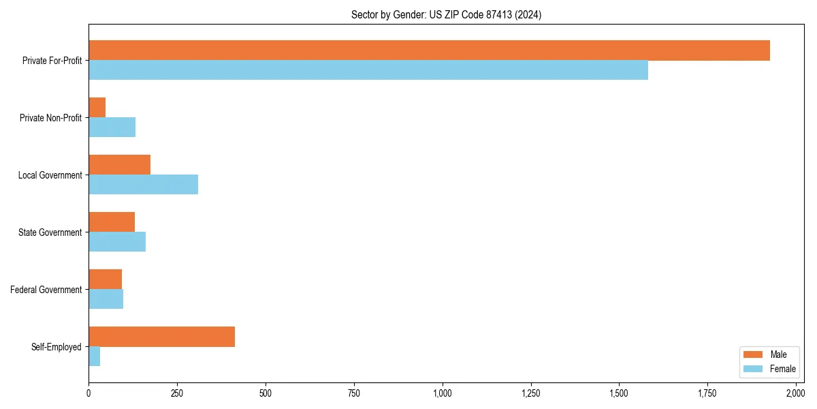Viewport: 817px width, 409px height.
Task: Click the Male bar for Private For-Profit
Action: pyautogui.click(x=429, y=50)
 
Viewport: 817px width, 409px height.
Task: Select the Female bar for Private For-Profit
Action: pyautogui.click(x=368, y=70)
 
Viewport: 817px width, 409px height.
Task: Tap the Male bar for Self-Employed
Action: pyautogui.click(x=161, y=337)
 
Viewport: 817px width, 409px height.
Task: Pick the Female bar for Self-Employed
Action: pyautogui.click(x=95, y=357)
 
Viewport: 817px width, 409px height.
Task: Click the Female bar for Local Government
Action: pyautogui.click(x=143, y=185)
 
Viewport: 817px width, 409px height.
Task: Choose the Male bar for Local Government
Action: pyautogui.click(x=119, y=165)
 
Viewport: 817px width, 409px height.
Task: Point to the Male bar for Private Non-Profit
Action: pyautogui.click(x=97, y=108)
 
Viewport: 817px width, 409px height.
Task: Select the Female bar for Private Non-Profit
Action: pyautogui.click(x=112, y=127)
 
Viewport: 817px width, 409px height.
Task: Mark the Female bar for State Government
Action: pyautogui.click(x=117, y=242)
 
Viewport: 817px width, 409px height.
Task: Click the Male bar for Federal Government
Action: pyautogui.click(x=105, y=279)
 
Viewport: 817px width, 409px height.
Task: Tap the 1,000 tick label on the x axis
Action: pyautogui.click(x=443, y=393)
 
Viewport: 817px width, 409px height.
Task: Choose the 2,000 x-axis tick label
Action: pyautogui.click(x=796, y=393)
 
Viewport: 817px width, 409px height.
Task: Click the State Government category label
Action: pyautogui.click(x=50, y=232)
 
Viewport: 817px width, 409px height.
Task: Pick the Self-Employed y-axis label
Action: pyautogui.click(x=57, y=347)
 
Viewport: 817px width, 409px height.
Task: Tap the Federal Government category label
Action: pyautogui.click(x=46, y=290)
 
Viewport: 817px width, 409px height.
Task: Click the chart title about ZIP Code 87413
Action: pyautogui.click(x=446, y=14)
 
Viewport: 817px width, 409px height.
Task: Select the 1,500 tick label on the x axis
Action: pyautogui.click(x=619, y=393)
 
